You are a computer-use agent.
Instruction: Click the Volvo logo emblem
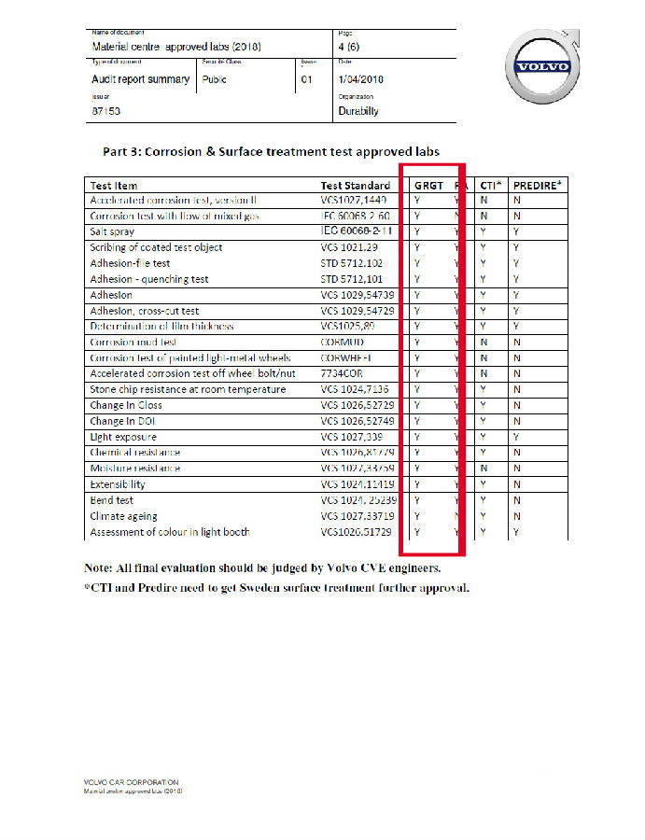pyautogui.click(x=540, y=66)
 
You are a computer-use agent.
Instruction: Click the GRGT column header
pyautogui.click(x=428, y=185)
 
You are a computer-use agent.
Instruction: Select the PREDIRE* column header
pyautogui.click(x=538, y=185)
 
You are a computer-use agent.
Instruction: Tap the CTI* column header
pyautogui.click(x=488, y=185)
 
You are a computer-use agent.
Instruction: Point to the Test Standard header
pyautogui.click(x=356, y=185)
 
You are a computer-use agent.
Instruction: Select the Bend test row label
pyautogui.click(x=111, y=500)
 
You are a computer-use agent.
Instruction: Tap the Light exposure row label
pyautogui.click(x=123, y=437)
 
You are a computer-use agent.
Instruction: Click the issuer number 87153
pyautogui.click(x=106, y=111)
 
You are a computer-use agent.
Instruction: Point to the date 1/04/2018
pyautogui.click(x=361, y=79)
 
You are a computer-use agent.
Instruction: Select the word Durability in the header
pyautogui.click(x=358, y=111)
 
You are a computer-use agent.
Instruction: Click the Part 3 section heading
pyautogui.click(x=270, y=151)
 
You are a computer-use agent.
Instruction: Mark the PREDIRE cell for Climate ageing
pyautogui.click(x=516, y=516)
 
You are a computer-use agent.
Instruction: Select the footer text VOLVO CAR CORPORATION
pyautogui.click(x=131, y=782)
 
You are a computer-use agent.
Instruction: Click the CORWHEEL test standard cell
pyautogui.click(x=346, y=358)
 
